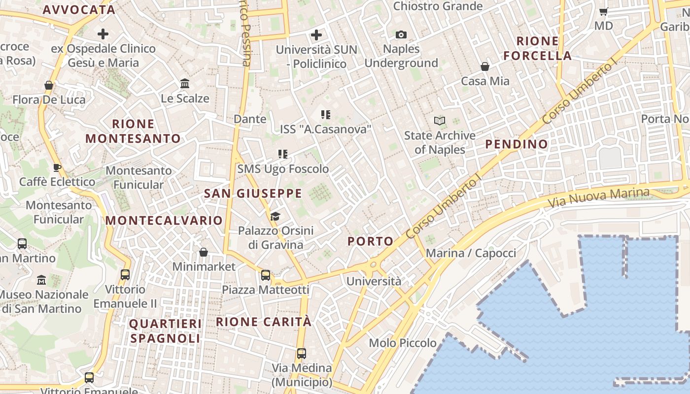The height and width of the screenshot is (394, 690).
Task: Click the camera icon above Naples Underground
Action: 401,34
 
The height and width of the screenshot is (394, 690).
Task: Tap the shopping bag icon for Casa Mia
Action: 485,66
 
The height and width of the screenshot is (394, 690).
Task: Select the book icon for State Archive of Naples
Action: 440,121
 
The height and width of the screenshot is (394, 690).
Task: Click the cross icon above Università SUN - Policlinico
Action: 316,35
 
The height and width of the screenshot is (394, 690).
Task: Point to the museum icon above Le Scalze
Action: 185,83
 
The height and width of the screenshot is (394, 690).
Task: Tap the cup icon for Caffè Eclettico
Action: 57,167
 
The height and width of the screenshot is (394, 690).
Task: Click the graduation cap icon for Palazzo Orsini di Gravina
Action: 275,216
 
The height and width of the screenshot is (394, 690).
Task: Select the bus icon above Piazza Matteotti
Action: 265,275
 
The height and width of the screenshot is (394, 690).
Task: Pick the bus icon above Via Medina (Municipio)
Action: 301,354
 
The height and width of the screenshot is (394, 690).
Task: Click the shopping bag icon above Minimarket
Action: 204,252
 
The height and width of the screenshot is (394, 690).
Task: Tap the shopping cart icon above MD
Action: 603,11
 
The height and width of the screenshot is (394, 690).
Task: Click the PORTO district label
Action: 371,241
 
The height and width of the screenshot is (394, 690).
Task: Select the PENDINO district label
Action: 517,144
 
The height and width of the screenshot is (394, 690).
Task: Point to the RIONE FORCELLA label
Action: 538,48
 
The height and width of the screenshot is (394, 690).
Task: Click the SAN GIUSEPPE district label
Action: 253,194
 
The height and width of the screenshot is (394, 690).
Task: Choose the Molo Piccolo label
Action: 403,343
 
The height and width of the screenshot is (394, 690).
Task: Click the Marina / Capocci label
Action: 471,253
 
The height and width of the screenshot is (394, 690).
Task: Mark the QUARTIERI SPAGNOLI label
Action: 165,331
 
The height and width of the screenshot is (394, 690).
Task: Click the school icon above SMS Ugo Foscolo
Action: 283,154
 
